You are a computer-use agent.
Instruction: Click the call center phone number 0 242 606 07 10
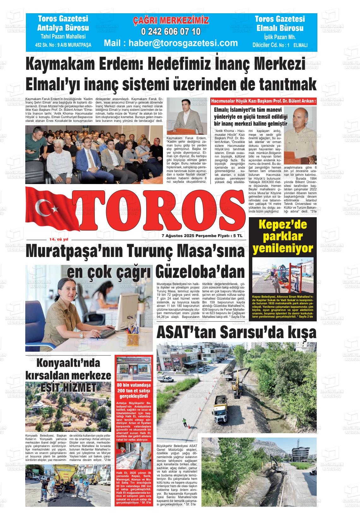171,32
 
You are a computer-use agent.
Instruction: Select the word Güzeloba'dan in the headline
200,272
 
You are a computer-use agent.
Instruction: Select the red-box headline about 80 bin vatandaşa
134,391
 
